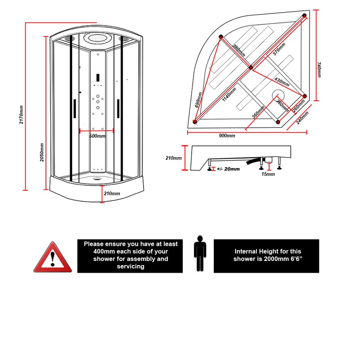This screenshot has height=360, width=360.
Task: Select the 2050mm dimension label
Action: tap(42, 152)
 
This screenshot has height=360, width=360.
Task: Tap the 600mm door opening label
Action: tap(97, 136)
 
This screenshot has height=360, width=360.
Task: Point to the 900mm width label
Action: tap(227, 136)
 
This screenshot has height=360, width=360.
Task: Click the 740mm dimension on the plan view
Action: tap(319, 70)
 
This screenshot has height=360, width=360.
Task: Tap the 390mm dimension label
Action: tap(239, 50)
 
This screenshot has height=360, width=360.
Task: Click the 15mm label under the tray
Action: tap(268, 174)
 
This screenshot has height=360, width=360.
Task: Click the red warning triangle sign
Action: tap(53, 258)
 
